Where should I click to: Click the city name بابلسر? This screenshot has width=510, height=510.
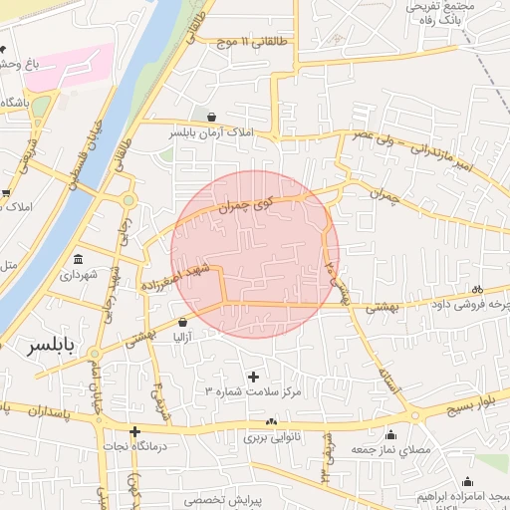click(x=41, y=347)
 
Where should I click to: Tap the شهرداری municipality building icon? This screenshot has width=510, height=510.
click(x=79, y=259)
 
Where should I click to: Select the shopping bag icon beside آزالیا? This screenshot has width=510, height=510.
click(x=182, y=323)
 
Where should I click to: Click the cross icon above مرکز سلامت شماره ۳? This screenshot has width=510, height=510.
click(x=253, y=377)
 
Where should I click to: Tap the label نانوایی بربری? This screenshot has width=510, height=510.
click(x=272, y=436)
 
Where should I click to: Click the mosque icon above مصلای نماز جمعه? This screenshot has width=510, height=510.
click(x=389, y=435)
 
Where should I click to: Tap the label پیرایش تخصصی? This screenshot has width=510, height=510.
click(x=227, y=500)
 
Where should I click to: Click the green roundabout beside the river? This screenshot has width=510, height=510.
click(x=127, y=200)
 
